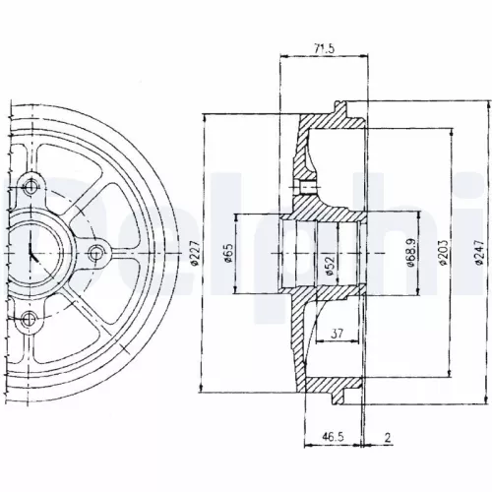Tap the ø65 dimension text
click(226, 256)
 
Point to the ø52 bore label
click(326, 264)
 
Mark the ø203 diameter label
click(441, 255)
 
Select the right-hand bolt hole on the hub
click(94, 254)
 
